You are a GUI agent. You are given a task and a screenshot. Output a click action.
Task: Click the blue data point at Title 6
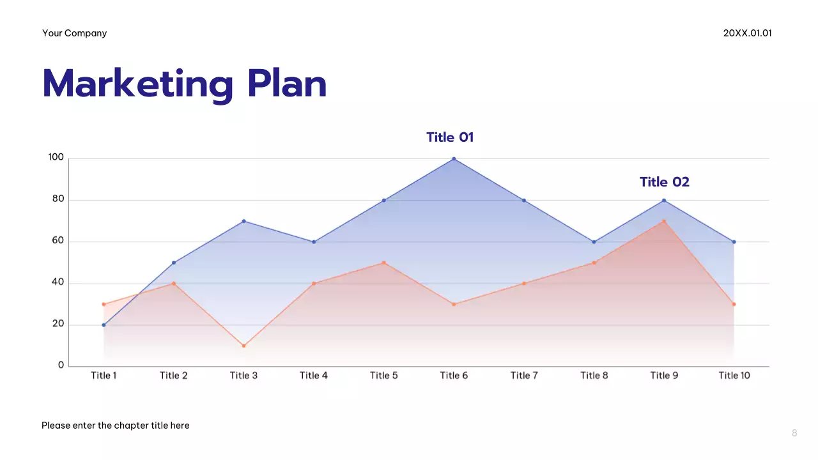[x=454, y=159]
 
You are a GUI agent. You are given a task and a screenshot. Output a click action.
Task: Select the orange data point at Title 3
[x=243, y=346]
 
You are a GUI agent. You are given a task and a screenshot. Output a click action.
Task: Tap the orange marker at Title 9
[x=664, y=222]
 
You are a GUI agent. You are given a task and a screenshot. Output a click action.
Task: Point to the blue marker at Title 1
[x=104, y=325]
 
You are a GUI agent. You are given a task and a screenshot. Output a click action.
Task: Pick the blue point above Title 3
[x=243, y=221]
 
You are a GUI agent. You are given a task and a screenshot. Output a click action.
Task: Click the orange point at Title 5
[x=383, y=263]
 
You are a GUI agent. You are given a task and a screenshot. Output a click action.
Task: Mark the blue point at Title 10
[x=734, y=242]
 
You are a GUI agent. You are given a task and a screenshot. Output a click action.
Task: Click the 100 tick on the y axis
[x=56, y=158]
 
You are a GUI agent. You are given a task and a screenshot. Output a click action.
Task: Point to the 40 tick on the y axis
[x=58, y=282]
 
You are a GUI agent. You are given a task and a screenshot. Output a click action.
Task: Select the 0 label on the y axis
[x=61, y=365]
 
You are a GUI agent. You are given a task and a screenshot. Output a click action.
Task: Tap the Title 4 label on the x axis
[x=314, y=376]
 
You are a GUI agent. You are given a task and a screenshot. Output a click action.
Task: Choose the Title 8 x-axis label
[x=594, y=376]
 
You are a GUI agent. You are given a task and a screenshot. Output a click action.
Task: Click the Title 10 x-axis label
[x=734, y=376]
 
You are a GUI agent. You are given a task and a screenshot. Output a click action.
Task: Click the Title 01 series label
[x=450, y=137]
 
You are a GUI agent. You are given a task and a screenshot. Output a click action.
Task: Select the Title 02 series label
[x=665, y=182]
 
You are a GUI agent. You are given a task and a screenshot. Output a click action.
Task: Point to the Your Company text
[x=75, y=33]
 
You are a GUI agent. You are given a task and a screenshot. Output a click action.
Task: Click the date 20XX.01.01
[x=747, y=33]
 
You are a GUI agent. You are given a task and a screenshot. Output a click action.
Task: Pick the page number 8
[x=794, y=433]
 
